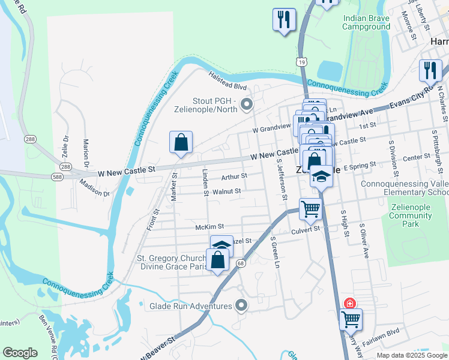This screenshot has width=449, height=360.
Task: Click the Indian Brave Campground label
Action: point(366,22)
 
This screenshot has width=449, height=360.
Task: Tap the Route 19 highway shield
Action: point(301,61)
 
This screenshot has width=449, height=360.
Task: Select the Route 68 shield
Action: point(241,263)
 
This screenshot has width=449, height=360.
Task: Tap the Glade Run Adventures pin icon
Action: point(241,306)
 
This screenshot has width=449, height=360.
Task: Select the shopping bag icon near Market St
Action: point(181,142)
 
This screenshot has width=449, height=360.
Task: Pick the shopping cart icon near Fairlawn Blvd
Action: point(351,319)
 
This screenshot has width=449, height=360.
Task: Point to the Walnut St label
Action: point(226,191)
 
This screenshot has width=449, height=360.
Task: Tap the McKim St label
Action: point(209,227)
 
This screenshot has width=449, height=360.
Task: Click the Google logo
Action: point(20,353)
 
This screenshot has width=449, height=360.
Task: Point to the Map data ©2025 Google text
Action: point(411,355)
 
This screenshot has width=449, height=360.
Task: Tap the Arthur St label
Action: point(234,176)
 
